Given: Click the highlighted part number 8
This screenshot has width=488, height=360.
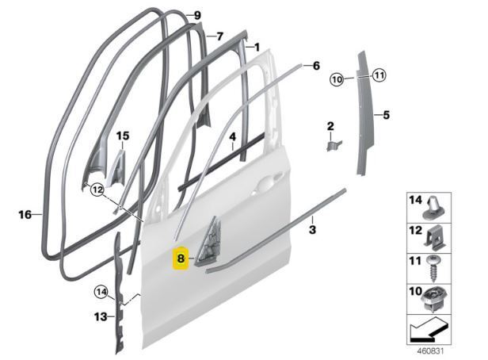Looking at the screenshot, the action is point(180,259).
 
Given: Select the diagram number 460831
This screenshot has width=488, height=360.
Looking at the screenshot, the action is point(430,351).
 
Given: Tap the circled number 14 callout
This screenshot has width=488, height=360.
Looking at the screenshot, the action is point(101,293).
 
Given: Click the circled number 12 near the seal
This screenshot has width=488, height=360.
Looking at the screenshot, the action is point(97,190).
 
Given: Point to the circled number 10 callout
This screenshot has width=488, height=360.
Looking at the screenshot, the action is point(337,79).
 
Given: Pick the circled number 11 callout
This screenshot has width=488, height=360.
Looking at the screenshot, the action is point(379,75).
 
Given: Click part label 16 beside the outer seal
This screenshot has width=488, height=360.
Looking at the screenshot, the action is point(25,215).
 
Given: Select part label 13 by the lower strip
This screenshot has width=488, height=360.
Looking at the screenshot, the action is point(100,317).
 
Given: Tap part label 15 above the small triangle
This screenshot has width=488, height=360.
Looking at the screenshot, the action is point(123,136).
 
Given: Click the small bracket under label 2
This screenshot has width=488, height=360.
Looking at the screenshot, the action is point(334,145).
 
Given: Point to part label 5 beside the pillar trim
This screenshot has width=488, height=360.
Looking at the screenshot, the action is point(387,115).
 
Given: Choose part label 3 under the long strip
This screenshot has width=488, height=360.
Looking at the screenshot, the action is point(312,230).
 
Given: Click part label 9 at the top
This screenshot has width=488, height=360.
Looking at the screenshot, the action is point(197,15).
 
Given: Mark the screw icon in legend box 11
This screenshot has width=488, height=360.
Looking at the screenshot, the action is point(434,268).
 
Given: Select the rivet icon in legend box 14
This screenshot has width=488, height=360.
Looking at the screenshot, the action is point(434,208).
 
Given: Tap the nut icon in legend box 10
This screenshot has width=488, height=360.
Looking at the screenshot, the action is point(435,300).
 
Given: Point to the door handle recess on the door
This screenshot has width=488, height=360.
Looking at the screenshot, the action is point(267,183).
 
